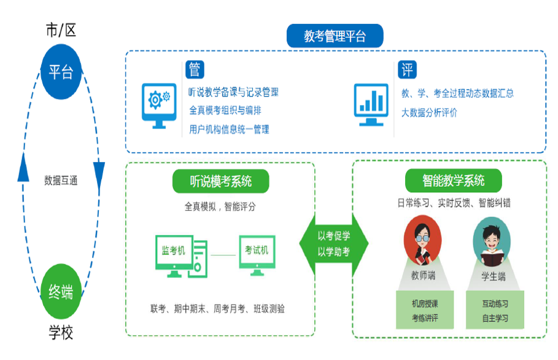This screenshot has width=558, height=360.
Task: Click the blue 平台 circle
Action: pyautogui.click(x=61, y=72)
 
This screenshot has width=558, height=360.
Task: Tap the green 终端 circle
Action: pyautogui.click(x=61, y=291)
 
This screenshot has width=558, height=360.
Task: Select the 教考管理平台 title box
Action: pyautogui.click(x=335, y=36)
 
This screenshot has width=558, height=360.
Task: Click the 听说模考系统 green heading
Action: pyautogui.click(x=220, y=181)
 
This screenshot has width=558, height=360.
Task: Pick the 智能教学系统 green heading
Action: pyautogui.click(x=453, y=181)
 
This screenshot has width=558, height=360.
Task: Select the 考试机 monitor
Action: pyautogui.click(x=257, y=254)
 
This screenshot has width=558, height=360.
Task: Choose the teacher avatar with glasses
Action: pyautogui.click(x=423, y=243)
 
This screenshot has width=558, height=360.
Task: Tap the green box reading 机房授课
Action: pyautogui.click(x=424, y=311)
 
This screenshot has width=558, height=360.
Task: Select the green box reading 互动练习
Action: pyautogui.click(x=494, y=311)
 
